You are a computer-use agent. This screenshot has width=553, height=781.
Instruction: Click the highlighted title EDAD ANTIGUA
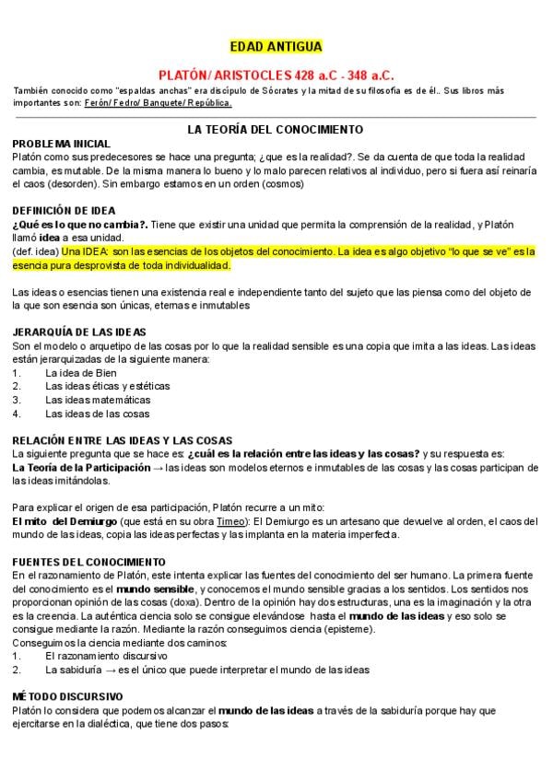(x=276, y=47)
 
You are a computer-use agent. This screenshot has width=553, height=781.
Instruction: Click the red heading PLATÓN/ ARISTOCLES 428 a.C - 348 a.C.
(x=276, y=73)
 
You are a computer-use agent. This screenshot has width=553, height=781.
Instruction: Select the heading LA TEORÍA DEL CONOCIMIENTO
(x=275, y=130)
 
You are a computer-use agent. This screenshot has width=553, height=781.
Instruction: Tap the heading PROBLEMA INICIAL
(x=61, y=144)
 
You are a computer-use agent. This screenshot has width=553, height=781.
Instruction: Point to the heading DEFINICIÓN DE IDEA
(x=64, y=210)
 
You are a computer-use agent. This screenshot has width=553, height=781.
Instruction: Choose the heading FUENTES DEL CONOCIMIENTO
(x=88, y=561)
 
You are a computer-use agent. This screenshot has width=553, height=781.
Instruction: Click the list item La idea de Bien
(x=81, y=372)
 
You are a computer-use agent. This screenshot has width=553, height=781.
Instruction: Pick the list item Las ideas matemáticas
(x=97, y=400)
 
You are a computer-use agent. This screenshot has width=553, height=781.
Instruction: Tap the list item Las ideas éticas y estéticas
(x=100, y=386)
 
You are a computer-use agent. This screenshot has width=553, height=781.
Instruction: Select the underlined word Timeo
(x=218, y=520)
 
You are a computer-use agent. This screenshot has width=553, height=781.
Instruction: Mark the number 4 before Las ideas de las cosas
(x=16, y=414)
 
